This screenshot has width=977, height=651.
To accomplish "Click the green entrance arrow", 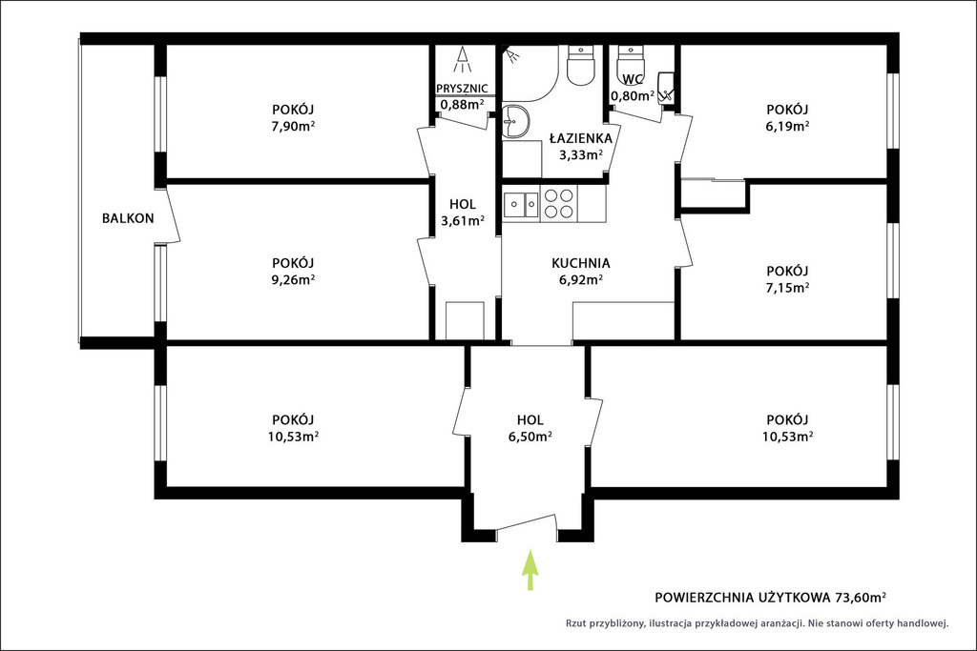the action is (530, 569).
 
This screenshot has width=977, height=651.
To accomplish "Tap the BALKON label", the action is (128, 218).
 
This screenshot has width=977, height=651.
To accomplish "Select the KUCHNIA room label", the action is (581, 263).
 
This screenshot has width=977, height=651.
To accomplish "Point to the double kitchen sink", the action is (522, 204).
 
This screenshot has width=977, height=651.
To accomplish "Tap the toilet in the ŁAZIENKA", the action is (582, 66).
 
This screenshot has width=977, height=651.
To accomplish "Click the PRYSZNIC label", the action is (462, 89).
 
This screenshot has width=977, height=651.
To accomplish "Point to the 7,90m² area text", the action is (292, 126).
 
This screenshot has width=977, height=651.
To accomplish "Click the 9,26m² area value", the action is (292, 279).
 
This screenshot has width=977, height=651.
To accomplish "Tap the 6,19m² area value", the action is (787, 126).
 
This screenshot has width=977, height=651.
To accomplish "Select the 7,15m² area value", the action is (787, 288).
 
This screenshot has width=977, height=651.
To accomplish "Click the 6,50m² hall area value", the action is (530, 437).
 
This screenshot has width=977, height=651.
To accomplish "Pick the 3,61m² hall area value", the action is (463, 220).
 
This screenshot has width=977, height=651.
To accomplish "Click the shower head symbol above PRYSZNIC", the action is (463, 59).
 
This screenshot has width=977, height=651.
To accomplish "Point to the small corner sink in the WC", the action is (665, 87).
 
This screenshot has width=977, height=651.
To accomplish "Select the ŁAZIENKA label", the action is (581, 138).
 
